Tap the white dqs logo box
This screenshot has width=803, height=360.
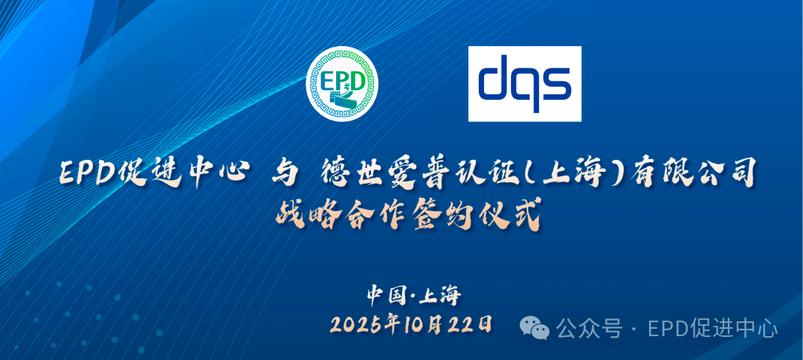[x=524, y=83]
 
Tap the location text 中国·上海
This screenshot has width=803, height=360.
[x=414, y=295]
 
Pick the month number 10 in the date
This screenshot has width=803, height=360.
[x=412, y=324]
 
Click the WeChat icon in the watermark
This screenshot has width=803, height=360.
[x=535, y=327]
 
